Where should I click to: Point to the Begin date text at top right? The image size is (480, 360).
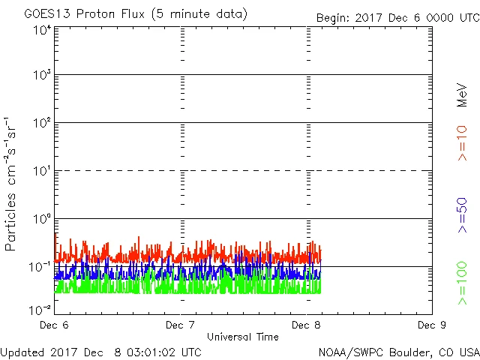397,17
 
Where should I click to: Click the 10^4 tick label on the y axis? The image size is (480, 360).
41,30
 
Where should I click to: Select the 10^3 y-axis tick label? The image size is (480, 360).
41,75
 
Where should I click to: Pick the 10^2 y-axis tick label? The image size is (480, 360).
41,123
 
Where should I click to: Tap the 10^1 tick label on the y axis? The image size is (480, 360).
41,171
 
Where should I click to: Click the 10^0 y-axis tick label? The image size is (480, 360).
41,219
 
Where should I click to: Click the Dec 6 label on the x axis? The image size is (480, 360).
55,325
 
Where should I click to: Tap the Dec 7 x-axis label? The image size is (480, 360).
181,325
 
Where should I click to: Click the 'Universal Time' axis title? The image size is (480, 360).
242,337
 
